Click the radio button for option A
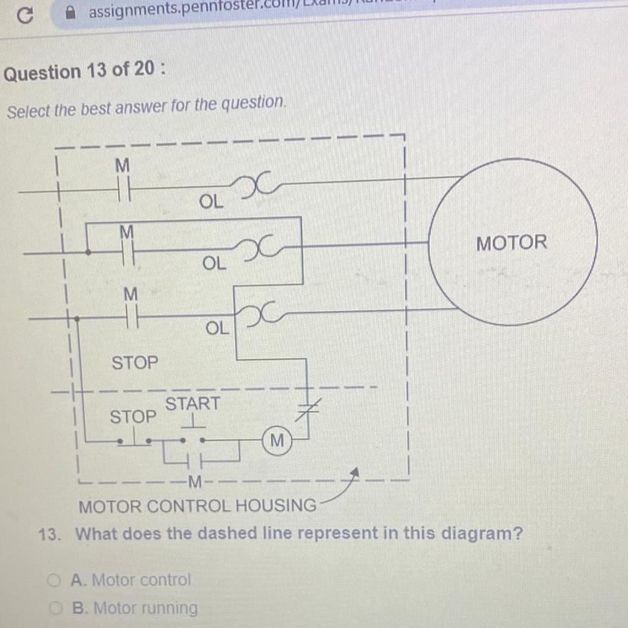click(53, 581)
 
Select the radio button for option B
click(54, 608)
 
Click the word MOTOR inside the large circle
click(511, 243)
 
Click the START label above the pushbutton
click(193, 404)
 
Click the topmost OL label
click(212, 203)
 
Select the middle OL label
click(214, 264)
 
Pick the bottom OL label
click(217, 328)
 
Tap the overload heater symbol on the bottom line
click(258, 312)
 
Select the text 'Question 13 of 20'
click(83, 71)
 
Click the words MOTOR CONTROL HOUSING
click(197, 506)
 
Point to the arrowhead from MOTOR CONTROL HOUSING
click(353, 474)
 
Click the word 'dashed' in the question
click(228, 533)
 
